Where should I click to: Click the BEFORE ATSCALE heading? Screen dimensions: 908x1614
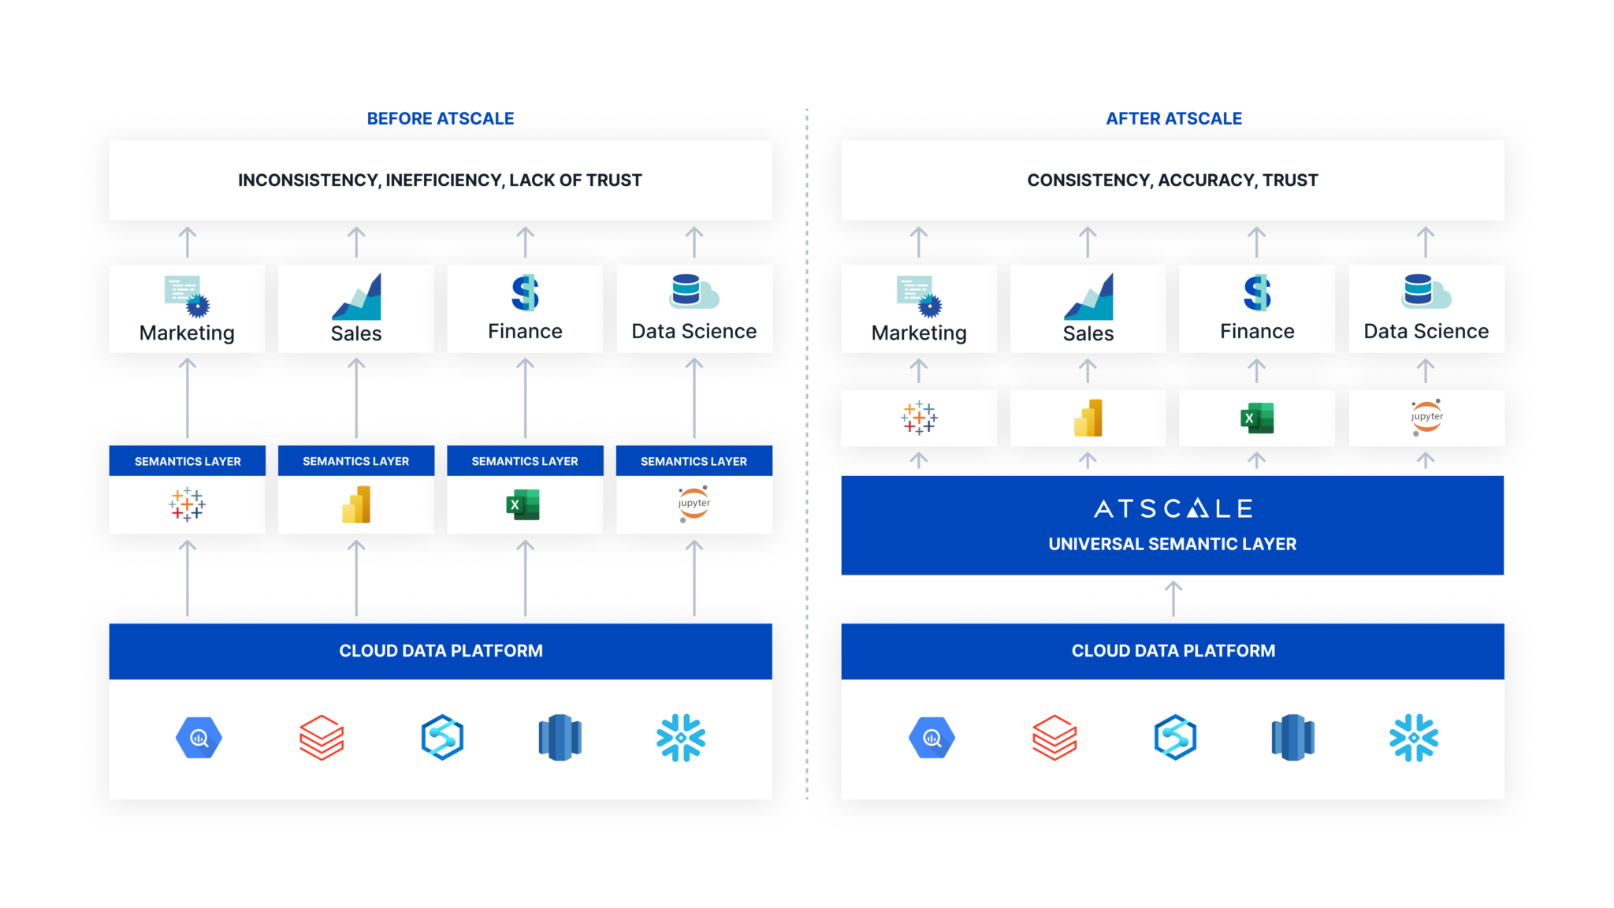441,119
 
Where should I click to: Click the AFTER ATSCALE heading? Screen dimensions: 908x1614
1173,119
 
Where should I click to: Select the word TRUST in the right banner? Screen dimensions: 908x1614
1290,180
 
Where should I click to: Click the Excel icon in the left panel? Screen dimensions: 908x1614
523,504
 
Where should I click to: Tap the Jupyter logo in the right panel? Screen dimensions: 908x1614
1426,418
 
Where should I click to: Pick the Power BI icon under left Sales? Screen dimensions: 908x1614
356,504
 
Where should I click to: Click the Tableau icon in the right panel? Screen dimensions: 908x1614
919,418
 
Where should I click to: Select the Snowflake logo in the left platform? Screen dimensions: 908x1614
681,738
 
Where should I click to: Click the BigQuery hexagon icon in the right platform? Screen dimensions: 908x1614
932,738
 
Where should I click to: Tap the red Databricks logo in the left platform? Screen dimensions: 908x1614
322,738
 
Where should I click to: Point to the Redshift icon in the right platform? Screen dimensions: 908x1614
1292,738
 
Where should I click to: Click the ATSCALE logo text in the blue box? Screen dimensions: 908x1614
1173,509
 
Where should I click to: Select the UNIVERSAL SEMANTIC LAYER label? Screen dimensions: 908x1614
1172,544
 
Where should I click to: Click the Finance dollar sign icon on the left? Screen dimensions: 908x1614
525,293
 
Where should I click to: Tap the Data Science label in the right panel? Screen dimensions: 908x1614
1426,332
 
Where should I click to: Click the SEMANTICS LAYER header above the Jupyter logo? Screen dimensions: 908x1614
694,462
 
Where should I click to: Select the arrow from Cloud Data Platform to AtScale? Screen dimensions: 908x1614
1173,597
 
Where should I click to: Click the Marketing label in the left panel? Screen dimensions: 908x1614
187,333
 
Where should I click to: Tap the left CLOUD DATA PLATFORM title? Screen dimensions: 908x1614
441,651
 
